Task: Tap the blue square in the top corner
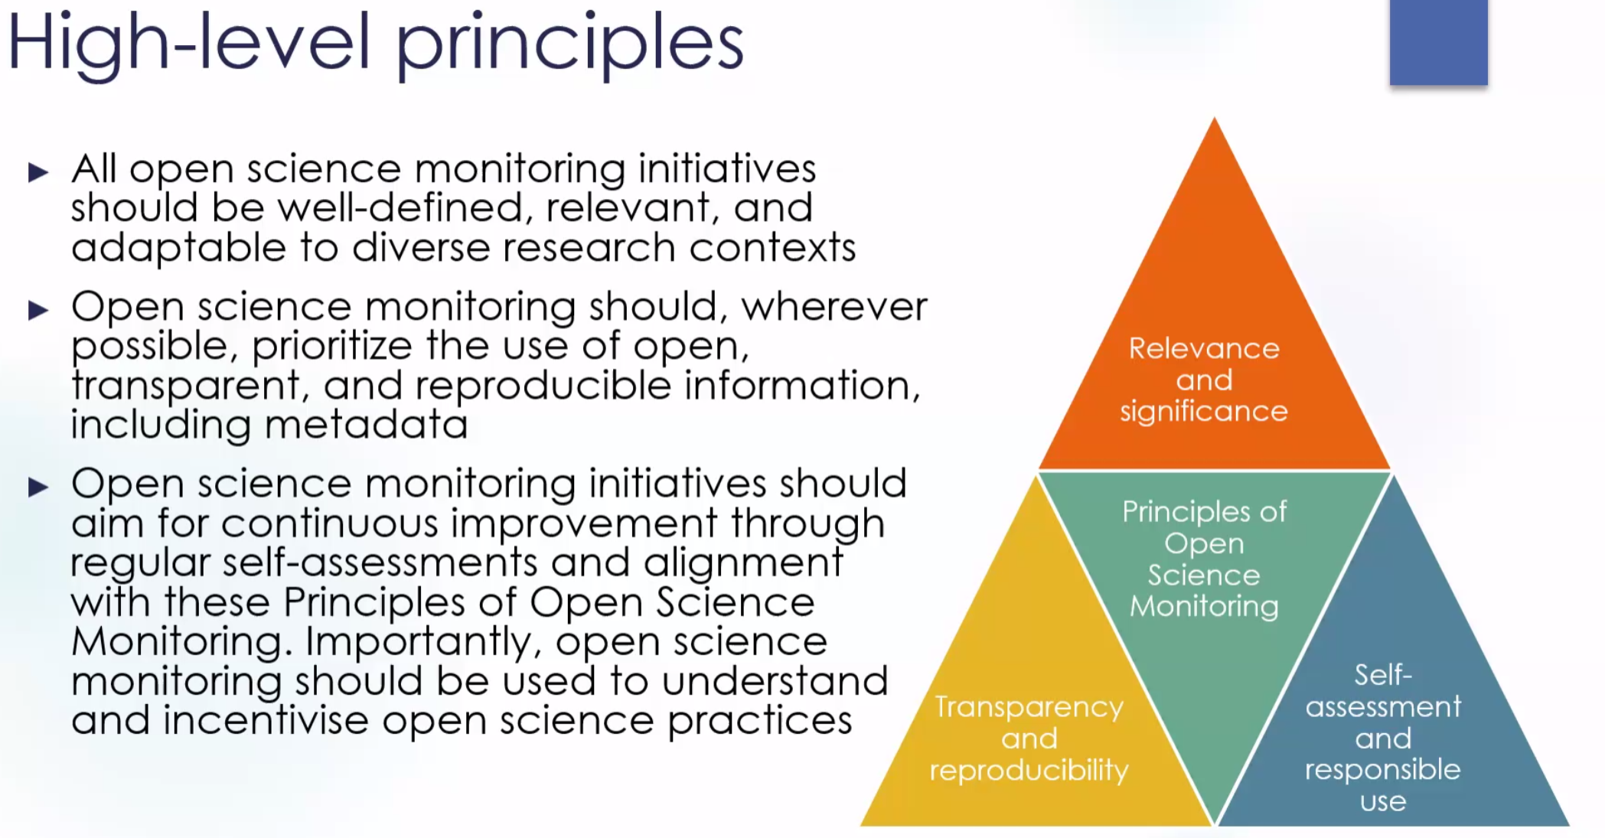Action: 1439,42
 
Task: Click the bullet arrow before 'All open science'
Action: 38,171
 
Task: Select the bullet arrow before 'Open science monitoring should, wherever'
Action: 38,310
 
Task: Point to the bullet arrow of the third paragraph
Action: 38,487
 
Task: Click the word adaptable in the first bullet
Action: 178,248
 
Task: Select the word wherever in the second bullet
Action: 834,307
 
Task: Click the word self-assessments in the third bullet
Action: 380,562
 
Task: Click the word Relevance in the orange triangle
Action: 1204,348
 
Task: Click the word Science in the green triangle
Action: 1203,575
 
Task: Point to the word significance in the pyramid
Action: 1204,412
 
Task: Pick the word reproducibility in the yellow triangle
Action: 1029,771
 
